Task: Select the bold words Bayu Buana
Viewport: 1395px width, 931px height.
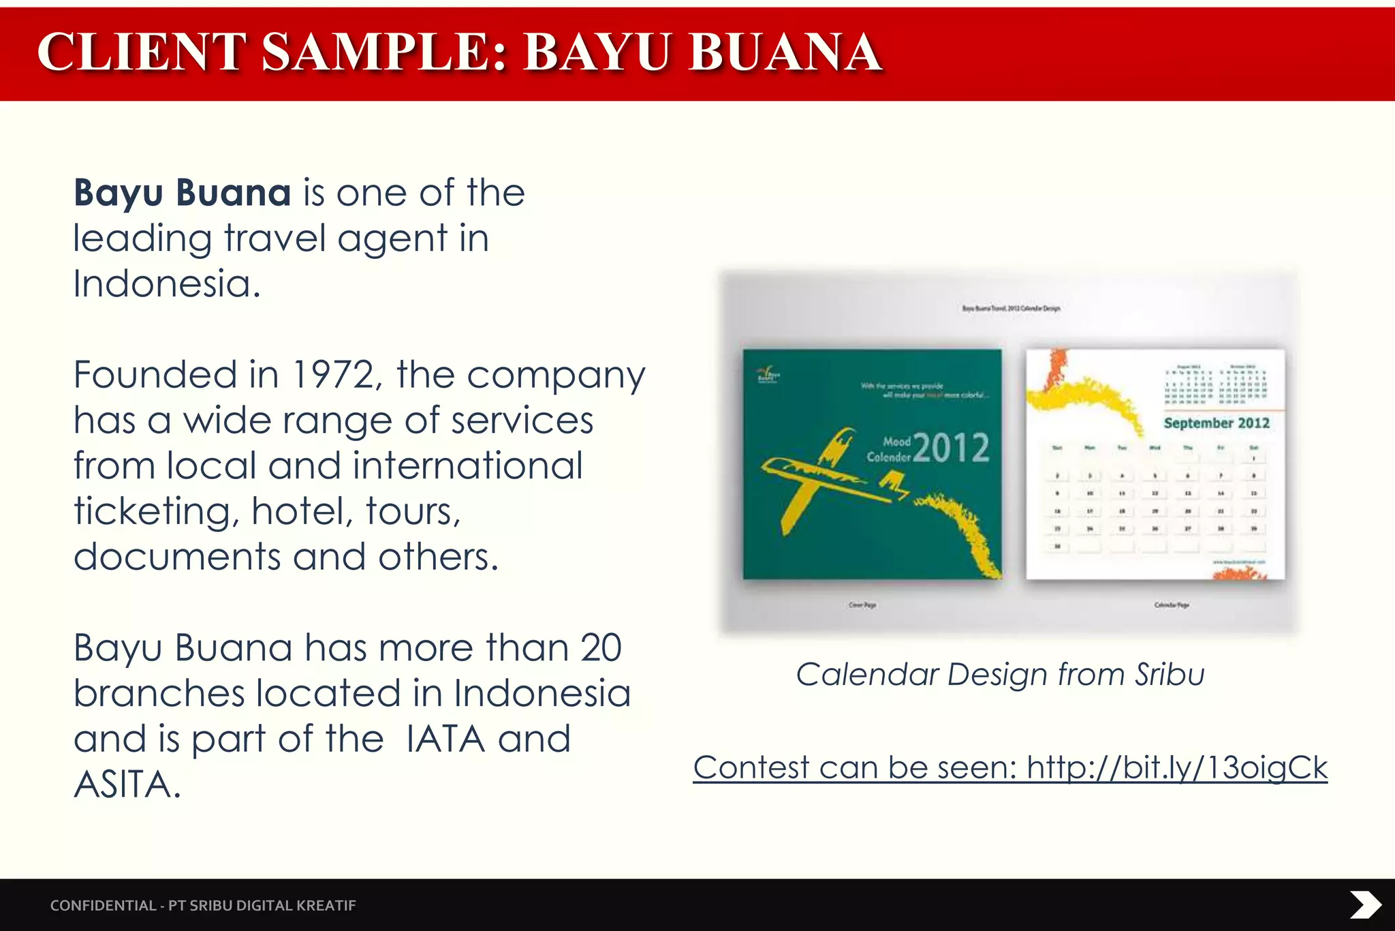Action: tap(183, 193)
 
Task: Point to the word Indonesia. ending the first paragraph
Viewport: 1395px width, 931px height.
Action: tap(167, 284)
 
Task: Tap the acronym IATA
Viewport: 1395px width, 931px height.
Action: tap(445, 739)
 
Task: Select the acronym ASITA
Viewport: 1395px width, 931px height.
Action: tap(127, 784)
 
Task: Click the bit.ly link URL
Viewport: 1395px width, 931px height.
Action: tap(1177, 767)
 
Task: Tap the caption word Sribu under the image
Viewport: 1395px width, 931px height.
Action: tap(1170, 675)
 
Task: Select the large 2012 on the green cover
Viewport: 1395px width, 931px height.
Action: tap(951, 448)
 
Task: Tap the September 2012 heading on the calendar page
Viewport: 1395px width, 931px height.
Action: tap(1217, 423)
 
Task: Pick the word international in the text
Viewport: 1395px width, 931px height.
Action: tap(467, 466)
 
